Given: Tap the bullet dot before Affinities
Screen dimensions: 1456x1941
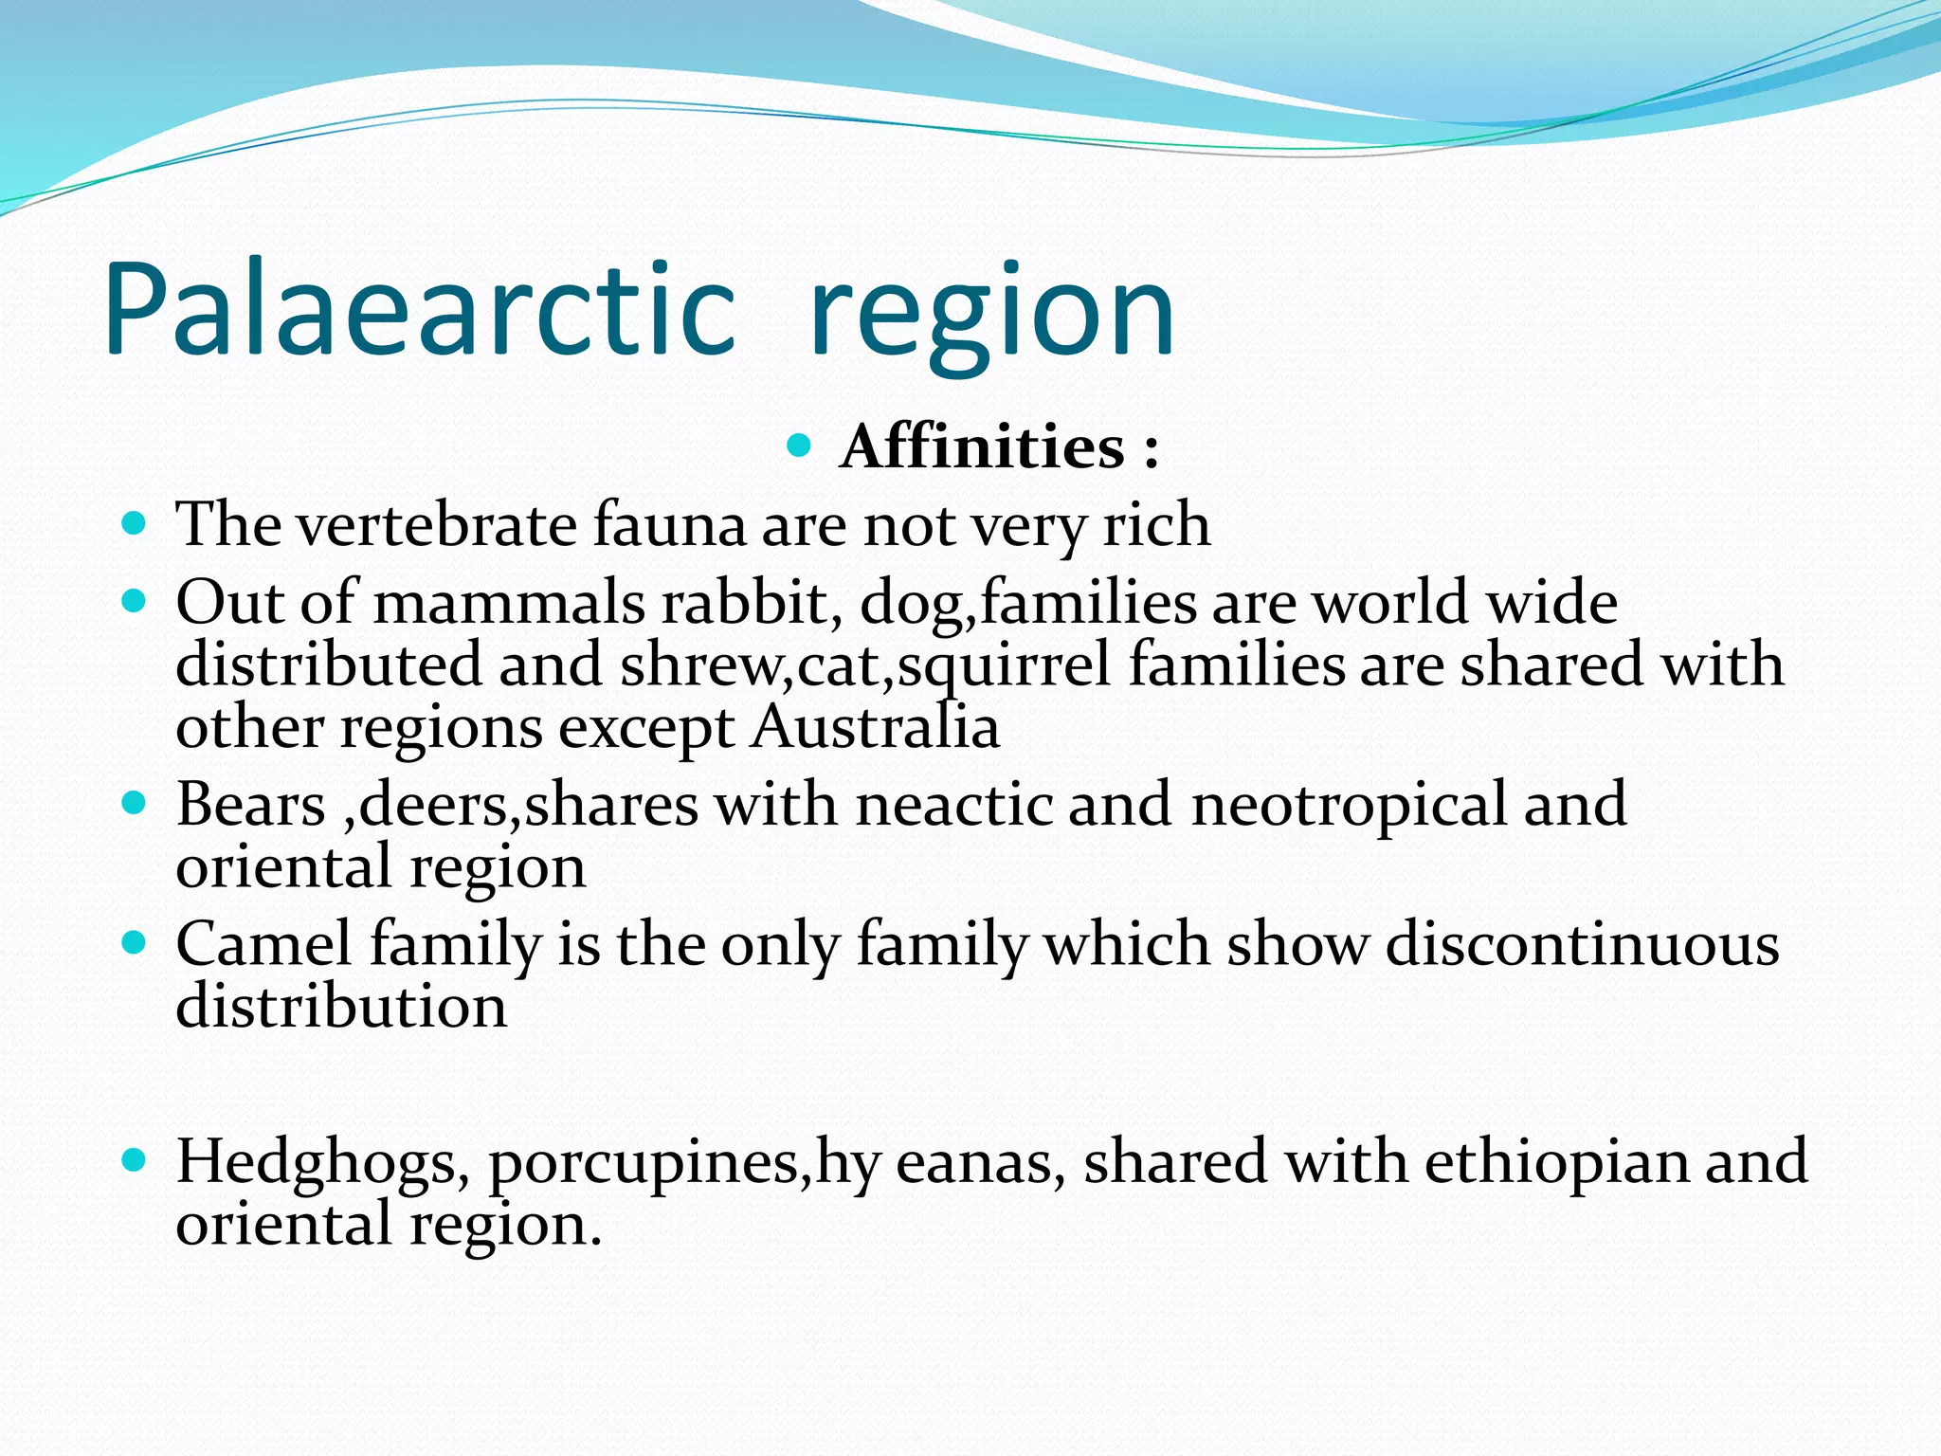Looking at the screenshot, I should pos(799,445).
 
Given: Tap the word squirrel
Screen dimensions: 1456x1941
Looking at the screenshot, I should pos(1004,665).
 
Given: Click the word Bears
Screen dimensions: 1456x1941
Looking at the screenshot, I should pos(250,805).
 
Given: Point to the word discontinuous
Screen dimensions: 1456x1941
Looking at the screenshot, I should pos(1583,944).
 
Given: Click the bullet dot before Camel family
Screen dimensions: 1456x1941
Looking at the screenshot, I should pos(135,943).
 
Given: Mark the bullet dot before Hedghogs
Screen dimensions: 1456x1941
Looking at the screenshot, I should pos(135,1159).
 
